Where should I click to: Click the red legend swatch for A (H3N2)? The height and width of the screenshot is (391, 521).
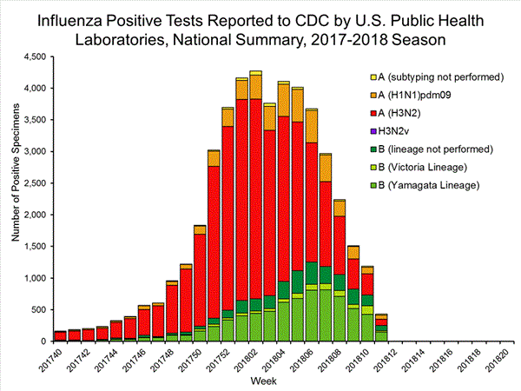coord(374,113)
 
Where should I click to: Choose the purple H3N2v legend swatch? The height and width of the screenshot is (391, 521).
coord(374,131)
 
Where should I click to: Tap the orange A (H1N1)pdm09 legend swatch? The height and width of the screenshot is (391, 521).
coord(374,95)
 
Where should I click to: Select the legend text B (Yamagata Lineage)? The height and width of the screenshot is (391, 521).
coord(431,186)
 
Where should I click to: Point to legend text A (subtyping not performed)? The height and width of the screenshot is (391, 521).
coord(444,76)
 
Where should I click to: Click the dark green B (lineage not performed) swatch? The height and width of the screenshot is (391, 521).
coord(374,149)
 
